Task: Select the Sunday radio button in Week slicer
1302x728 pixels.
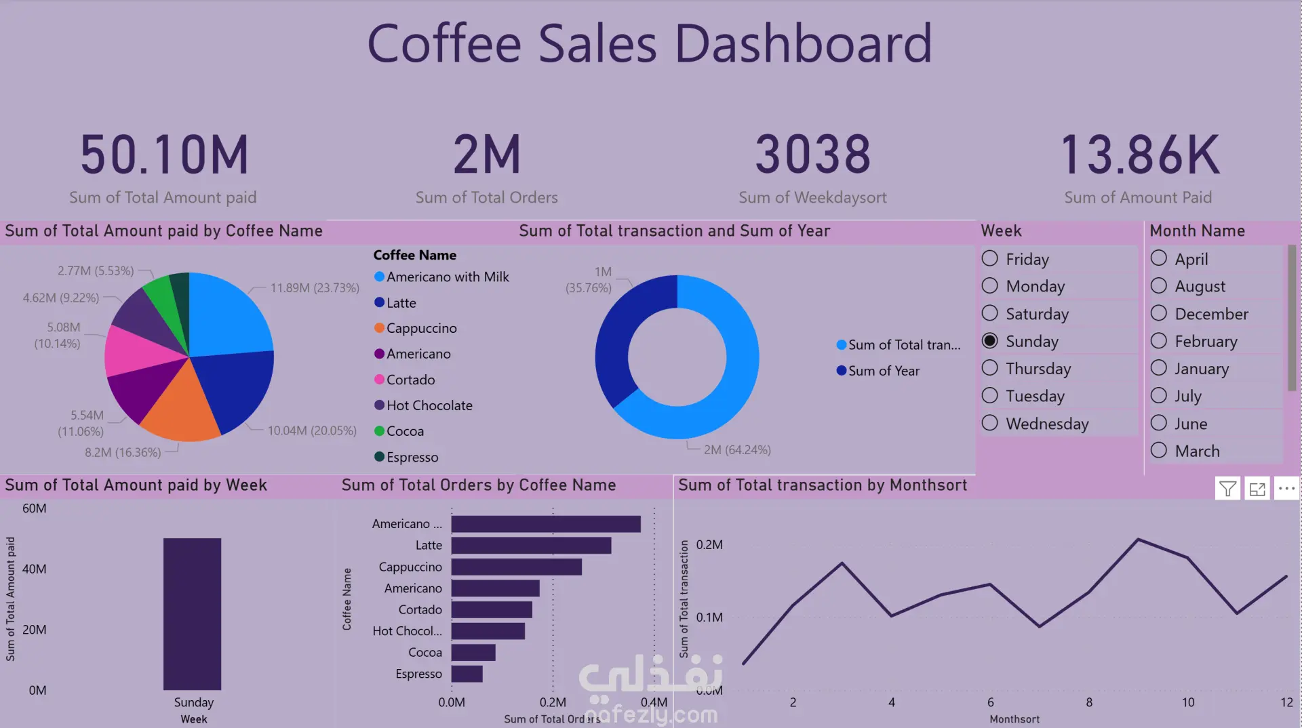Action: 990,341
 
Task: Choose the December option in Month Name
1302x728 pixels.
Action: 1159,313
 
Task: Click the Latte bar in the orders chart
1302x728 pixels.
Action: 531,545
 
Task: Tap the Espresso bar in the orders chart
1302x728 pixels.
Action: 467,674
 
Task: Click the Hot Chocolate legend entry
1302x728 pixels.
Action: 429,405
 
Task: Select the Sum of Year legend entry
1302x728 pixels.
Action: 883,371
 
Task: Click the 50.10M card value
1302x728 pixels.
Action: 165,155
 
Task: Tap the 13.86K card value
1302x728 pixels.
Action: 1139,155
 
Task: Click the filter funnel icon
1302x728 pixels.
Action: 1227,488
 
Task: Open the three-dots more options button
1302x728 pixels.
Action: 1286,488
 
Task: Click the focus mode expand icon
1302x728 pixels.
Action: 1257,488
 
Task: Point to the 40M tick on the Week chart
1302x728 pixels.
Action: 35,569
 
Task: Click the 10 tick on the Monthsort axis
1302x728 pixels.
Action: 1188,702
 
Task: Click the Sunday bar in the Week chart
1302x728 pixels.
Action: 192,613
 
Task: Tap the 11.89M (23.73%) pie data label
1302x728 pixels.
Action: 315,288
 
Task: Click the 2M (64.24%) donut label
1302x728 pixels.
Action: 737,450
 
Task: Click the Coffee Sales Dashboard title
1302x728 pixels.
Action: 650,43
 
